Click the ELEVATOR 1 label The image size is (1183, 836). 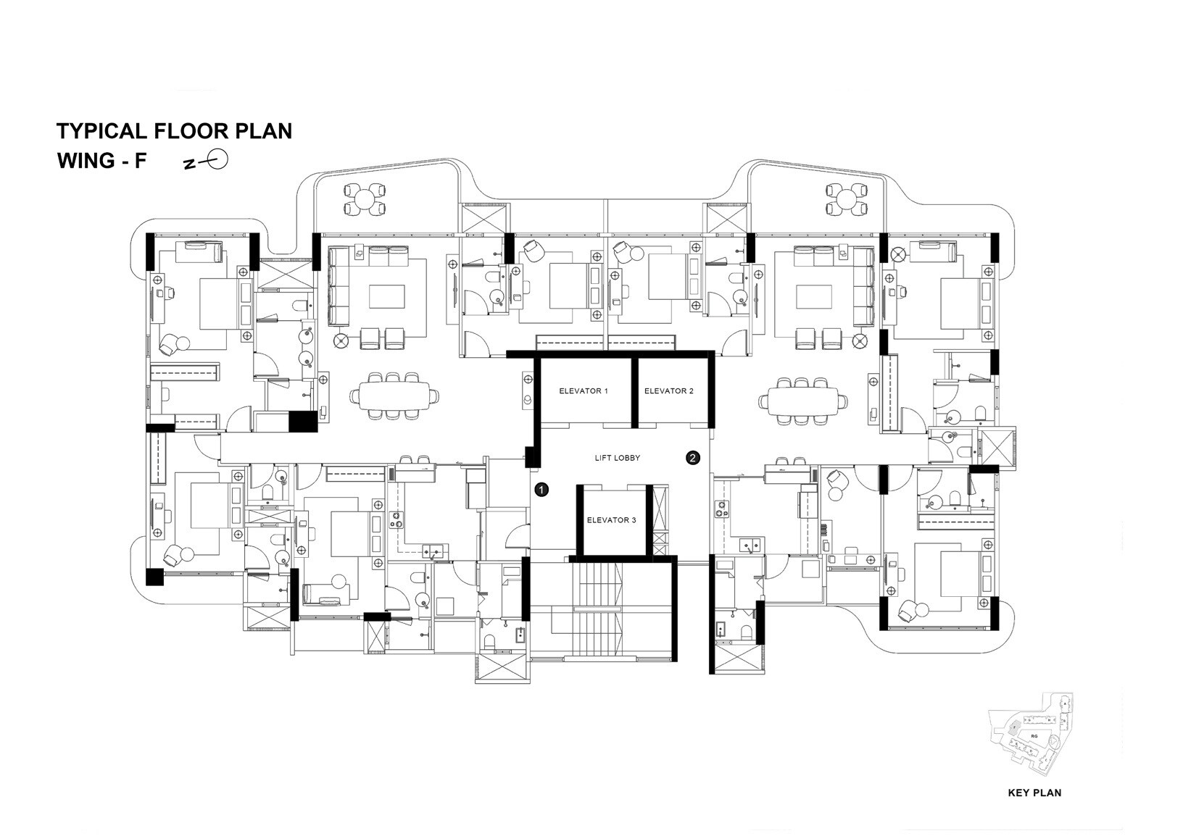(x=583, y=391)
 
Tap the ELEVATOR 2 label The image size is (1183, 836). (x=668, y=391)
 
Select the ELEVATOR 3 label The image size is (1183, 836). (x=611, y=520)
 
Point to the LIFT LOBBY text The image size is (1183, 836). (x=617, y=458)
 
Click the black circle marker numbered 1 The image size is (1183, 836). (x=541, y=490)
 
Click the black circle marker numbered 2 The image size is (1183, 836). (x=693, y=457)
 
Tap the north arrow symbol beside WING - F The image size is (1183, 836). (x=211, y=161)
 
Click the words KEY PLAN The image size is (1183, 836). (x=1034, y=793)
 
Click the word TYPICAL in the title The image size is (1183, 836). (x=101, y=131)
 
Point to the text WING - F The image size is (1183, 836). (x=101, y=161)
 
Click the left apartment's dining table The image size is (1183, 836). (x=394, y=396)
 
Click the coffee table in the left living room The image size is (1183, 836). (x=387, y=296)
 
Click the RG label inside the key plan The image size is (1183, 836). (x=1034, y=735)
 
